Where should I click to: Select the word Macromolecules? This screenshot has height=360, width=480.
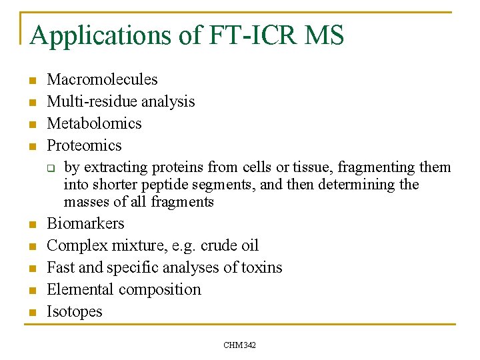tap(102, 80)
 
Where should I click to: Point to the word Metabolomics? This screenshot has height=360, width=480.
tap(94, 124)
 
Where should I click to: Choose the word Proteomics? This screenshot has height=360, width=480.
tap(84, 146)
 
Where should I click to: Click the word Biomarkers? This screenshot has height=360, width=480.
tap(85, 224)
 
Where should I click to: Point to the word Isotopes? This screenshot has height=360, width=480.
tap(74, 312)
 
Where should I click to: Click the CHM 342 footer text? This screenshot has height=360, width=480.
tap(240, 345)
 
